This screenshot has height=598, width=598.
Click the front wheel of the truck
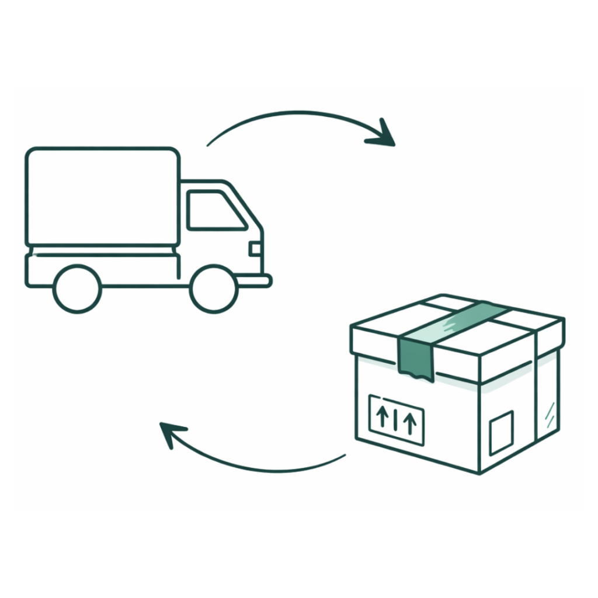click(x=214, y=288)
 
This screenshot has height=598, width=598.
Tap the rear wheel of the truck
click(x=77, y=288)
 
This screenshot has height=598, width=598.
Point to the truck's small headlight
click(x=255, y=249)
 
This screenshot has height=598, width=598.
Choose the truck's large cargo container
click(x=103, y=197)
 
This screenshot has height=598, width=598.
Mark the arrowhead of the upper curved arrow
click(x=383, y=134)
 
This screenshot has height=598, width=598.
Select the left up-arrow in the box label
click(x=382, y=417)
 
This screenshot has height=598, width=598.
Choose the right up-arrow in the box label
click(x=410, y=421)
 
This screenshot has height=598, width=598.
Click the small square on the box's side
click(x=501, y=433)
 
